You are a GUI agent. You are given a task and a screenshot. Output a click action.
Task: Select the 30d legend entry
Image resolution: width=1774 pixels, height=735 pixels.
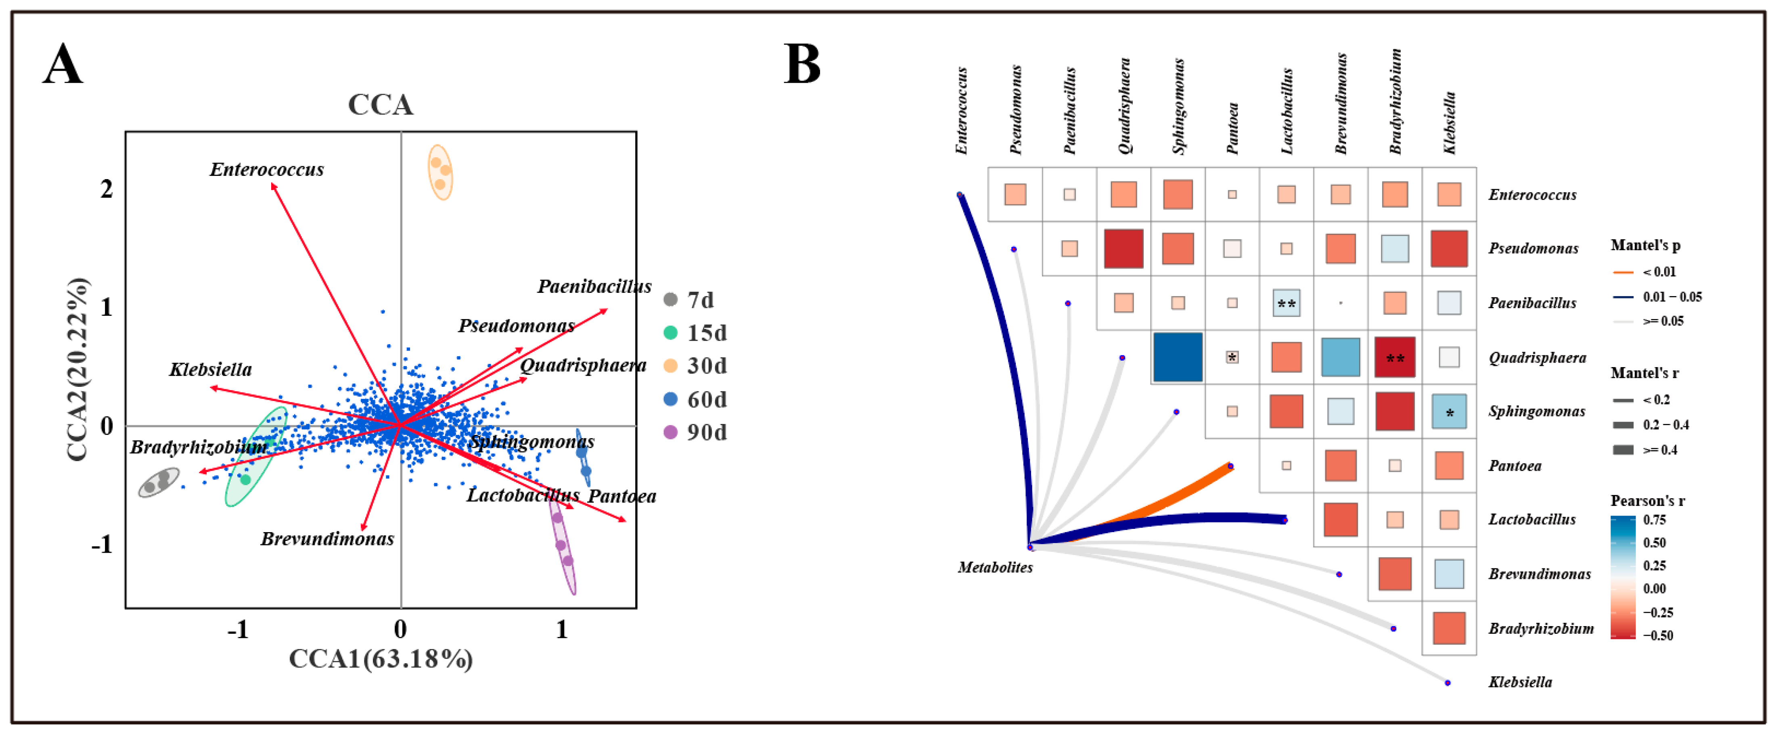coord(696,365)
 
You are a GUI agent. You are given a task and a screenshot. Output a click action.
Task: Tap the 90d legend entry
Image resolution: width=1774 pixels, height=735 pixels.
coord(696,432)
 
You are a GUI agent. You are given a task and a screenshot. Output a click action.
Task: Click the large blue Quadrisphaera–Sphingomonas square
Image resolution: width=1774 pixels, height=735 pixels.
coord(1178,357)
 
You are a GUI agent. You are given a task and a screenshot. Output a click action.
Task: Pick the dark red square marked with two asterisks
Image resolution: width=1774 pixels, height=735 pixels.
coord(1395,357)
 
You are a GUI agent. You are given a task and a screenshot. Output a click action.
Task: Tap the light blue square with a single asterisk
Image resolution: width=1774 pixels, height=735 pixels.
coord(1449,411)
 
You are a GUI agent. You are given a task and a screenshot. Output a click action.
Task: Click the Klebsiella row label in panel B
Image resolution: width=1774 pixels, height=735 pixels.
coord(1520,682)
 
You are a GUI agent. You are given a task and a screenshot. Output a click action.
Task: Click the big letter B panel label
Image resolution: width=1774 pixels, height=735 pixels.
coord(802,64)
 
